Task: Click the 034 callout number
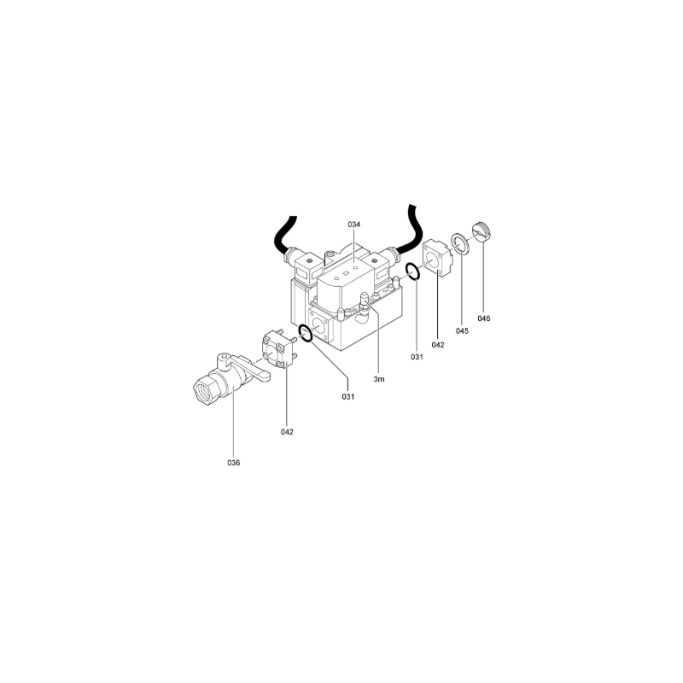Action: [x=353, y=225]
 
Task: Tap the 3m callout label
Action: [x=379, y=379]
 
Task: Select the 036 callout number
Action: [x=233, y=463]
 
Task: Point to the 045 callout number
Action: [x=462, y=331]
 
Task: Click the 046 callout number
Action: [x=484, y=318]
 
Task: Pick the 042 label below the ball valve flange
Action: [x=287, y=432]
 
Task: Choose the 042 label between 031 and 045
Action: [x=438, y=345]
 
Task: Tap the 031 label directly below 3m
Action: [x=348, y=397]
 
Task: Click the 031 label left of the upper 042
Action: [x=417, y=357]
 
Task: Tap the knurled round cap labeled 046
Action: [x=482, y=231]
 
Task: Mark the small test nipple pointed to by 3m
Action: [x=365, y=300]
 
